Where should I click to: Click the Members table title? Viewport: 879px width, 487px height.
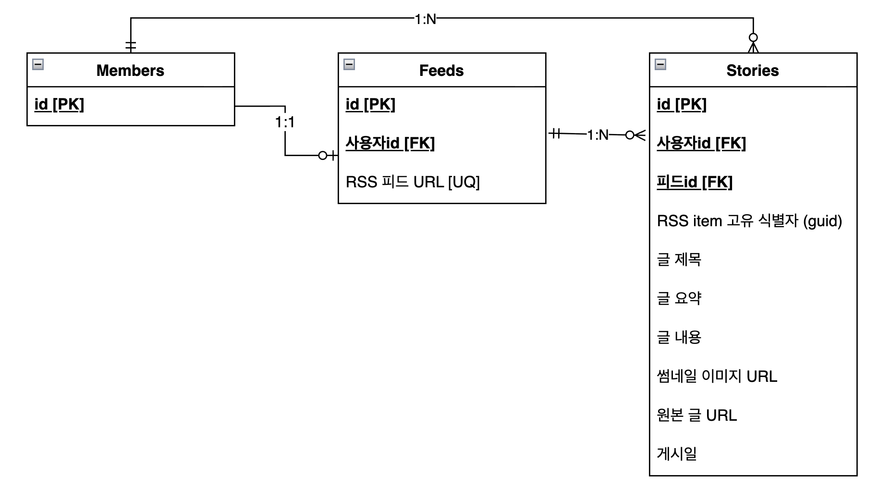pos(130,71)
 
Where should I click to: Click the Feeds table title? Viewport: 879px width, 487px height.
pos(441,71)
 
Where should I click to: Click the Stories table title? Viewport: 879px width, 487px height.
pos(752,71)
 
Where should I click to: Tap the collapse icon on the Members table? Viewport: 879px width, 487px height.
pos(38,64)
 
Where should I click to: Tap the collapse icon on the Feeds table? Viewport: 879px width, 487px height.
pos(349,64)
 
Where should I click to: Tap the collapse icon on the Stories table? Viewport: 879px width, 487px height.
pos(660,64)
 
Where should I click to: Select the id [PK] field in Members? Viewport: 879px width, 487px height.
pos(59,104)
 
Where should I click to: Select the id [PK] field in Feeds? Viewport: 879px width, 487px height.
pos(370,104)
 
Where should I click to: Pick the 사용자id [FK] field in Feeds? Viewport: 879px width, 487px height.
pos(390,143)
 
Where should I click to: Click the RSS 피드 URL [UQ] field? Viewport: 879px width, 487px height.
pos(413,182)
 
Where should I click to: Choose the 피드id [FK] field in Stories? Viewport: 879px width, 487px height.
pos(695,182)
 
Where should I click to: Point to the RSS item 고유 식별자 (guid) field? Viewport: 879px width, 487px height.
pos(749,221)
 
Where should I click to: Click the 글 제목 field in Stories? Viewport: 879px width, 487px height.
pos(679,260)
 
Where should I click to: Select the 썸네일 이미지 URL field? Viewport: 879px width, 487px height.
pos(717,376)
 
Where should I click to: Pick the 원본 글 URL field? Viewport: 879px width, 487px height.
pos(696,415)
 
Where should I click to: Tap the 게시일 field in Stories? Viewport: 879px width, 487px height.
pos(676,454)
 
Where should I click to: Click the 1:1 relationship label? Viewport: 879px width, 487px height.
pos(285,122)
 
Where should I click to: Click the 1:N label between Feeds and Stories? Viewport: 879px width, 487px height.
pos(598,135)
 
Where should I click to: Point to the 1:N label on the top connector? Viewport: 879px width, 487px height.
pos(426,19)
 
